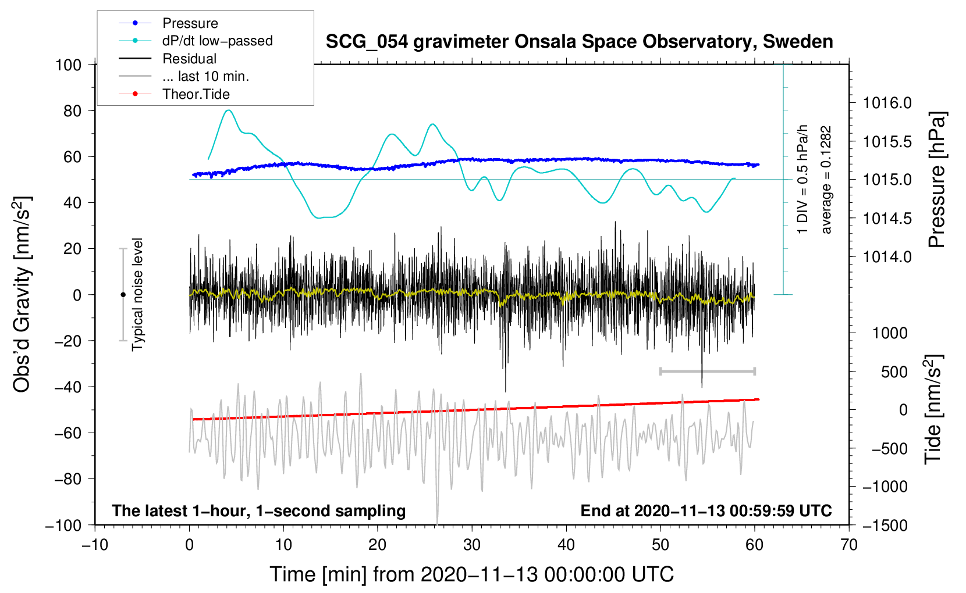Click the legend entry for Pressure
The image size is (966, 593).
coord(190,23)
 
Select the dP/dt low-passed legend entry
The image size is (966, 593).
coord(217,41)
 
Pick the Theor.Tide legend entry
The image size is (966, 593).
coord(196,94)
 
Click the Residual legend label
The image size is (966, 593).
coord(189,59)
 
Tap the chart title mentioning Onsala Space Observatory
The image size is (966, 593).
coord(579,42)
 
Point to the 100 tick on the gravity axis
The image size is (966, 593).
coord(68,65)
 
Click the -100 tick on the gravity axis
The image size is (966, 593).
coord(63,525)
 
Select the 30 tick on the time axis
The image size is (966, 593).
coord(472,545)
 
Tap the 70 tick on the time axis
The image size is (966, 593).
coord(849,545)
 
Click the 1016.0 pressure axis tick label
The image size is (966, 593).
coord(887,103)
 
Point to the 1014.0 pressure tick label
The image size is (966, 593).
coord(887,256)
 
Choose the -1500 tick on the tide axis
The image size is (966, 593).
coord(885,525)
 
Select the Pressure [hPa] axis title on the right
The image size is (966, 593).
coord(936,180)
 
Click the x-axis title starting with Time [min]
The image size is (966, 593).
coord(472,574)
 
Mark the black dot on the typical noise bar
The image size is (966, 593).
coord(123,295)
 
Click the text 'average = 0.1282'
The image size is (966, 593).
coord(826,180)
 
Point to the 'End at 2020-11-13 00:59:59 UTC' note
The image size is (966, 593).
coord(706,511)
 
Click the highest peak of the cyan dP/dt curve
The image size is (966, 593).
coord(228,110)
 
